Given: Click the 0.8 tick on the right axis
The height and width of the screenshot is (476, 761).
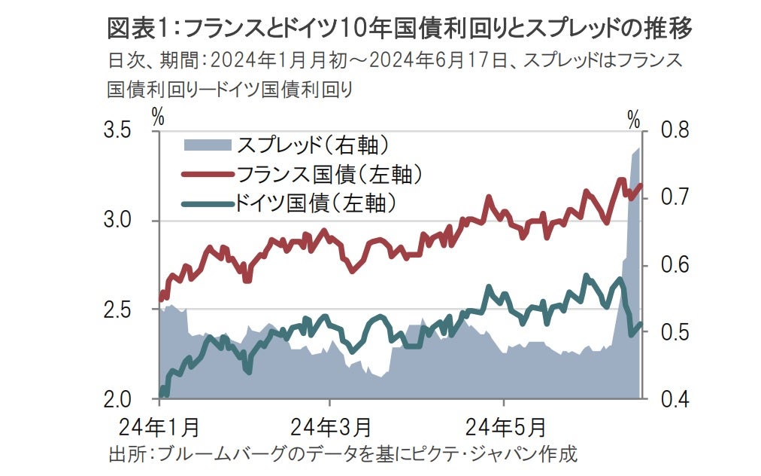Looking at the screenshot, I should [674, 131].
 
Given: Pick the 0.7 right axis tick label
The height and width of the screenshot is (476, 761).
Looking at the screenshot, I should [674, 198].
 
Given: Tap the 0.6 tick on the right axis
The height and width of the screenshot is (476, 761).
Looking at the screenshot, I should [674, 265].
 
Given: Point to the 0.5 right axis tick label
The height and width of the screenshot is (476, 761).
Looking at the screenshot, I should [674, 332].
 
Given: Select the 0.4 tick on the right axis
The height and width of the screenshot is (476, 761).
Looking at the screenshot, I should [674, 399].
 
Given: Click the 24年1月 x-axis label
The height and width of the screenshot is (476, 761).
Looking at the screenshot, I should [160, 427].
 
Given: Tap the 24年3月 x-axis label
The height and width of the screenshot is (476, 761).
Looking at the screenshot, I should [332, 427].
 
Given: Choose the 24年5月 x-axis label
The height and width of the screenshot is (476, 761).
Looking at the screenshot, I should [504, 427].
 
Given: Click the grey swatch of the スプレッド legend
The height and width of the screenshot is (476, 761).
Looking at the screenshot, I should [208, 143].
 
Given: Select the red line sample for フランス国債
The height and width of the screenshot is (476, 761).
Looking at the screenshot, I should [208, 174].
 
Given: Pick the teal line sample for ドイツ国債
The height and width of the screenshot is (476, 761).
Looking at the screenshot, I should [208, 202].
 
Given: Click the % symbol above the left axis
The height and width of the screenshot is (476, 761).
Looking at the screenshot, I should [158, 117].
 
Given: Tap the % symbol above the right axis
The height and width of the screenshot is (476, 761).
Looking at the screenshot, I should [634, 118].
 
